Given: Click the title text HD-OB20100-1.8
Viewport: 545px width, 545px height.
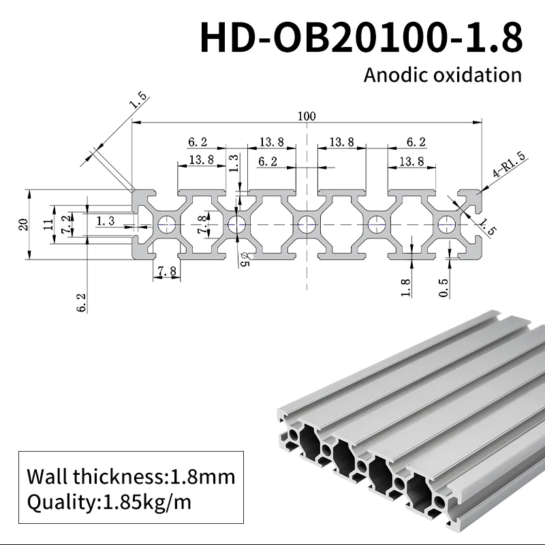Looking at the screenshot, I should (x=361, y=37).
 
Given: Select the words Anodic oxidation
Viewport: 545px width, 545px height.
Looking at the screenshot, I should (x=442, y=74).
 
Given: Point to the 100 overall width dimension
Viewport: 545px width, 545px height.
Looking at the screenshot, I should (x=307, y=116).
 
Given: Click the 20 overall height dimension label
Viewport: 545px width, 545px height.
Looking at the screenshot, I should (x=22, y=224).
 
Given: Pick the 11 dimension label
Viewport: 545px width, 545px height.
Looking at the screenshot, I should (x=48, y=224).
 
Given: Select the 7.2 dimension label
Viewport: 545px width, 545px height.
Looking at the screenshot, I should (x=65, y=224).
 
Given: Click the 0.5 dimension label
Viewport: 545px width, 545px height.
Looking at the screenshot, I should (x=444, y=288).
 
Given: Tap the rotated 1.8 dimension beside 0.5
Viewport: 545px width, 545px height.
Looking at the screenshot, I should (x=406, y=288).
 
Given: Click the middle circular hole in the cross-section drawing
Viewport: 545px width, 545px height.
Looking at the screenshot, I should (x=307, y=223).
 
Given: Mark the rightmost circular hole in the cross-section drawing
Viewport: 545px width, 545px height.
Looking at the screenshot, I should (x=447, y=223).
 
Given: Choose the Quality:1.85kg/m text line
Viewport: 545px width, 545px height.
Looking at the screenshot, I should (x=109, y=503).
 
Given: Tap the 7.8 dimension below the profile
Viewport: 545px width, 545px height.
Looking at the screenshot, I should (x=167, y=271).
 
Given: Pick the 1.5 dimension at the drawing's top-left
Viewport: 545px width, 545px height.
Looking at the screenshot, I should (x=138, y=102).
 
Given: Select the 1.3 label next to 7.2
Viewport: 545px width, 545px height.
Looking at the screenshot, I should (x=106, y=220).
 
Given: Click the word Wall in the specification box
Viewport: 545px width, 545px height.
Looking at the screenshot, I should (x=46, y=476).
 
